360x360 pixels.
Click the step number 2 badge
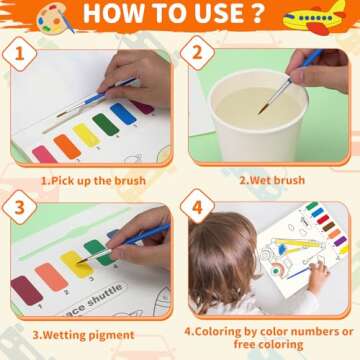[197, 54]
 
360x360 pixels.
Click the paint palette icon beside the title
[55, 16]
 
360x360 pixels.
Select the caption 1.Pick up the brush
[93, 181]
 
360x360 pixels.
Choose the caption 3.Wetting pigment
[88, 334]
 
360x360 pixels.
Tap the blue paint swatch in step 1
[123, 114]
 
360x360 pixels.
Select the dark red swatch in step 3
[26, 290]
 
